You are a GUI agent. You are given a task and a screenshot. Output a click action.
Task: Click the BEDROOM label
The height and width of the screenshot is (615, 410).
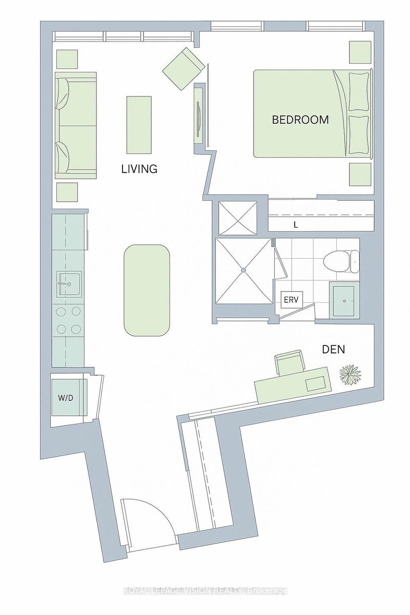[300, 120]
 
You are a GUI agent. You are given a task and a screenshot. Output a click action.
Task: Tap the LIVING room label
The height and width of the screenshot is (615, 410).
[139, 169]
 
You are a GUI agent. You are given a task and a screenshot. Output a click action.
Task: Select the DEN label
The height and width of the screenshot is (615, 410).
[334, 350]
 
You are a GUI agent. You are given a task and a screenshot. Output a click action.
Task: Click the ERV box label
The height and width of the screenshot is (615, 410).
[291, 300]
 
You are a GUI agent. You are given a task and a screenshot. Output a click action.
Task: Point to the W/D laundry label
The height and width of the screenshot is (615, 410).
[66, 398]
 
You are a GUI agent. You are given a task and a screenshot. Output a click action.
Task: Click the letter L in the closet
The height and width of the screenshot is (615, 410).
[296, 225]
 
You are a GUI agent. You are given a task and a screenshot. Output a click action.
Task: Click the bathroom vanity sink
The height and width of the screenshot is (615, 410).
[344, 301]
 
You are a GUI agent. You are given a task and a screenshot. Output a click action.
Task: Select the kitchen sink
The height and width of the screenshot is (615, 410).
[69, 284]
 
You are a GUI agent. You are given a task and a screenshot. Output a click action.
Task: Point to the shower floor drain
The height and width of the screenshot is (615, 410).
[243, 271]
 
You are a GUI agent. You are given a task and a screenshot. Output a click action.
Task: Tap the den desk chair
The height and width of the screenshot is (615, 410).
[290, 363]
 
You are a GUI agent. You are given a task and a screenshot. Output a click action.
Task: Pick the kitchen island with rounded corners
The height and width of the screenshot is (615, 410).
[147, 290]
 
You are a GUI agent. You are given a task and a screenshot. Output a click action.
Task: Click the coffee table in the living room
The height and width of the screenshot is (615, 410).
[139, 125]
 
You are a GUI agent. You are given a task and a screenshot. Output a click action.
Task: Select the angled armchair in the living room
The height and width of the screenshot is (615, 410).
[183, 69]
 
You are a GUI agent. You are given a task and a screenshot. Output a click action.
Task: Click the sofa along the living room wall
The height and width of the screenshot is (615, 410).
[76, 125]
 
